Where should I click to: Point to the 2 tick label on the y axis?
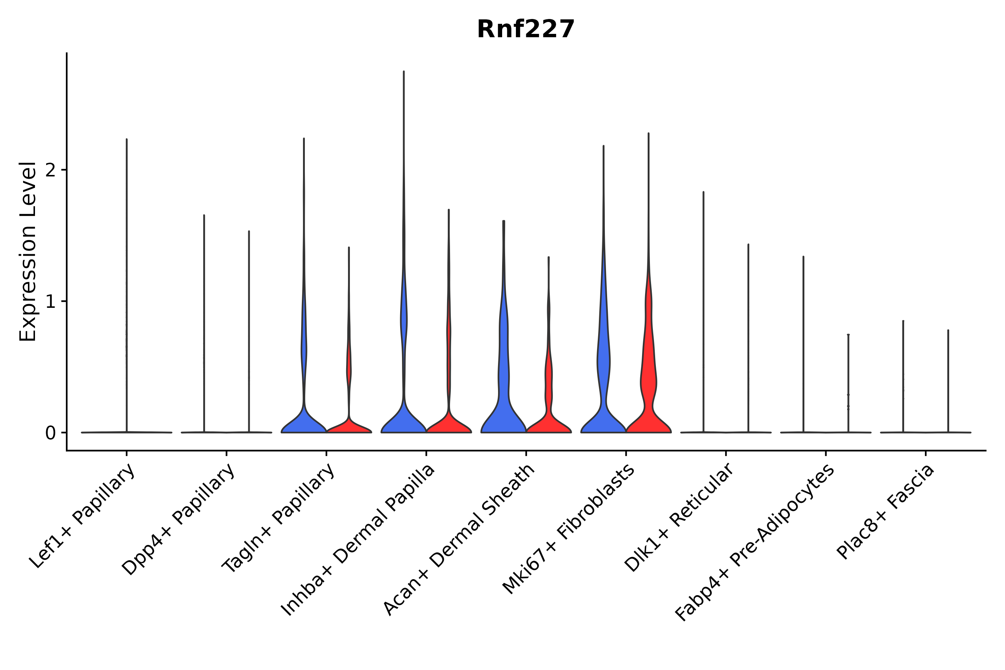click(50, 170)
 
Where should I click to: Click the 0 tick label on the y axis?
click(50, 434)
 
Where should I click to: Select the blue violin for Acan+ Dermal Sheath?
click(503, 385)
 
